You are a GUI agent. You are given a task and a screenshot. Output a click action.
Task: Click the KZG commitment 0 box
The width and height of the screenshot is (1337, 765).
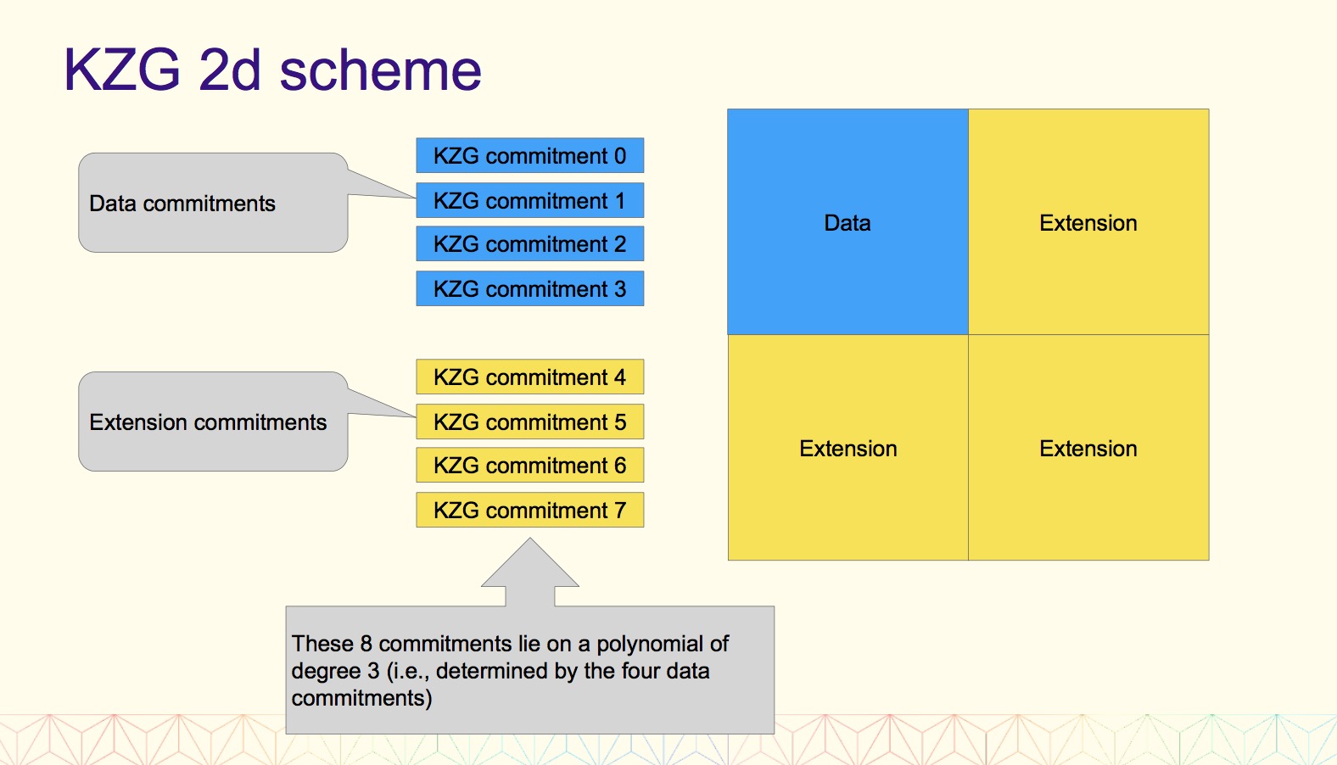point(530,155)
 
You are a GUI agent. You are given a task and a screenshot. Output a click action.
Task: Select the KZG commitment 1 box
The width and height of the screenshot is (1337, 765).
point(530,200)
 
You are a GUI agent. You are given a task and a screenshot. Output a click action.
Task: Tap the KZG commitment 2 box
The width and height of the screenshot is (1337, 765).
point(530,243)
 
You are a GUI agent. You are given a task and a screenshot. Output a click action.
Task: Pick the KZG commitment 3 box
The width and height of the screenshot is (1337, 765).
point(530,288)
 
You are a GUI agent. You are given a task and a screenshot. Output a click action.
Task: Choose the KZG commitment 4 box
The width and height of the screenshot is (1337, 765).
point(530,377)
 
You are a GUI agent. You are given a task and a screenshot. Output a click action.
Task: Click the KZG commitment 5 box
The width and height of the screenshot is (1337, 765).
point(530,422)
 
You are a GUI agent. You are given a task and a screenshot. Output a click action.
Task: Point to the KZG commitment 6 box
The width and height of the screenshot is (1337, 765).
point(530,465)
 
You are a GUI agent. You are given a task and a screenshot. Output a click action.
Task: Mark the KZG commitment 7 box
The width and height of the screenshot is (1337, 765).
point(530,510)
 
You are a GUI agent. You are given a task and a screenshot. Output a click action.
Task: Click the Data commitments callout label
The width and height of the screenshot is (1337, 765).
point(182,204)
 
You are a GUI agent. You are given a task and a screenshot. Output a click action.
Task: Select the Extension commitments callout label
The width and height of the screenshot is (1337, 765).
point(208,422)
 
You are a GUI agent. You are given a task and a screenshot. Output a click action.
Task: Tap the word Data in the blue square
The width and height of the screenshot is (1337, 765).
point(847,223)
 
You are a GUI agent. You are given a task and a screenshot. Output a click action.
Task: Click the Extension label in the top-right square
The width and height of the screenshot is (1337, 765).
point(1088,223)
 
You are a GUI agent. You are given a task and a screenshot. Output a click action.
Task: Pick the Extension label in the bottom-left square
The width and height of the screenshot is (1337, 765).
point(848,449)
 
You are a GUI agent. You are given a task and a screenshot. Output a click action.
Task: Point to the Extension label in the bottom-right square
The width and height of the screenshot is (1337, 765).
point(1088,449)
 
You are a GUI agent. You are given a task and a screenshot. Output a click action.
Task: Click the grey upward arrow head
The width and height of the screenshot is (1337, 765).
point(530,564)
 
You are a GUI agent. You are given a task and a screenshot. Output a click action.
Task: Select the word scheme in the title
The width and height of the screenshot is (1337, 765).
point(380,70)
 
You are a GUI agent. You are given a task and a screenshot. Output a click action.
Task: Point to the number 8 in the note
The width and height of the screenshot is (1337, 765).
point(366,644)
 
